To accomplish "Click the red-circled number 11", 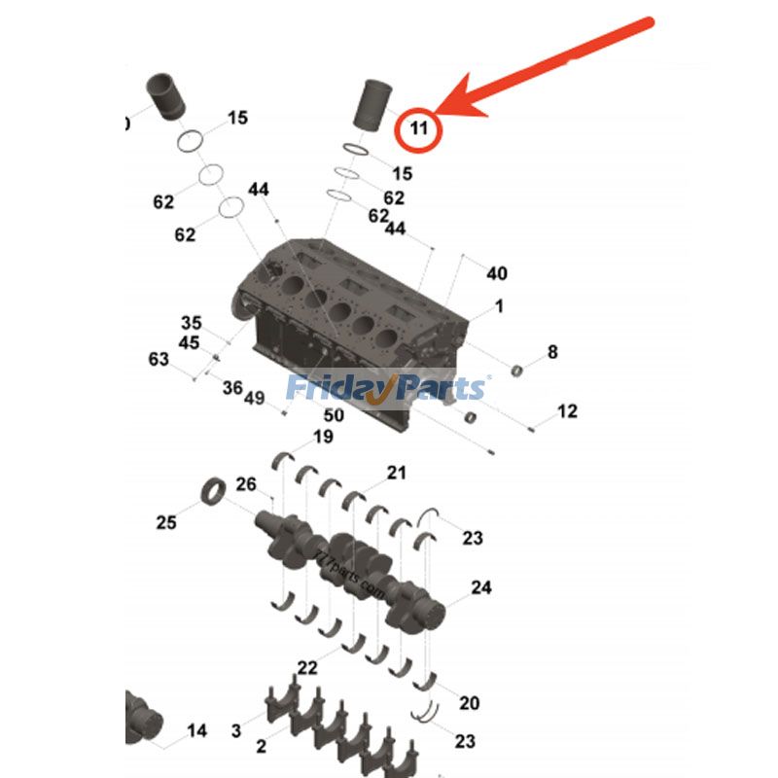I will [x=419, y=127].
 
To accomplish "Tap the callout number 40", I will [x=496, y=273].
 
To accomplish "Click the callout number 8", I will [x=552, y=352].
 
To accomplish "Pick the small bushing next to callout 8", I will [x=518, y=368].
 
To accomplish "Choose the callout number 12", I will [x=567, y=411].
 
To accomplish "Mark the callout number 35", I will [x=191, y=323].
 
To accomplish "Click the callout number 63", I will [x=159, y=360].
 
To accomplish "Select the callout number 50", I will [x=334, y=415].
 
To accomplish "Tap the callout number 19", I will [x=323, y=437].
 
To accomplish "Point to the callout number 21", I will [x=396, y=473].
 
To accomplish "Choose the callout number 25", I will [x=166, y=522].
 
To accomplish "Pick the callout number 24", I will [x=481, y=587].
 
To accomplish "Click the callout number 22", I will [x=307, y=667].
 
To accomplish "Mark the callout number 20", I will [x=469, y=703].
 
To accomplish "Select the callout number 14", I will [x=197, y=730].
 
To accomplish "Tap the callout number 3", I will [x=236, y=729].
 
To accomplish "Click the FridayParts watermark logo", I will [x=386, y=388].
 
